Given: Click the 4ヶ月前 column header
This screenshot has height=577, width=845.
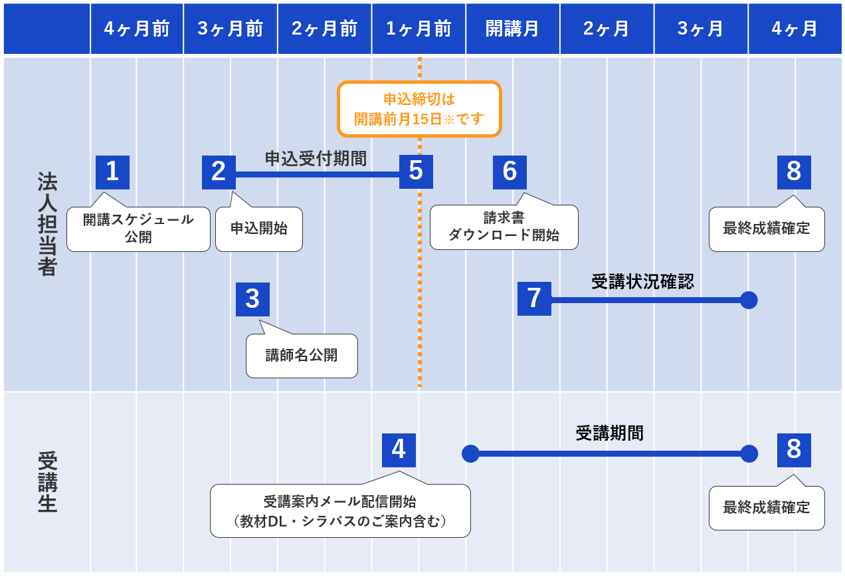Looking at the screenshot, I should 137,29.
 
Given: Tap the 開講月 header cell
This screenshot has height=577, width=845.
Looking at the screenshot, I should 512,29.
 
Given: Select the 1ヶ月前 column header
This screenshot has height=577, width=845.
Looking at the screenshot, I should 419,29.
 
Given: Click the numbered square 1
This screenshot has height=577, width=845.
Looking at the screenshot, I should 112,172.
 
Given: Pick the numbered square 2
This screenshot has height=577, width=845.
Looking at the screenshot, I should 219,172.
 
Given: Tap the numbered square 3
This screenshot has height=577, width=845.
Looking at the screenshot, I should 252,299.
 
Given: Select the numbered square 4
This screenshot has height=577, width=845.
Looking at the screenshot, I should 399,450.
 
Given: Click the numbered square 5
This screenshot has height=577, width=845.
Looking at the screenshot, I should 416,172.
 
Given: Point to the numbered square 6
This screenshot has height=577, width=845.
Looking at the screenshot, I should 510,172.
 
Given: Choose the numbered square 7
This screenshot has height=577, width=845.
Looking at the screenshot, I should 534,298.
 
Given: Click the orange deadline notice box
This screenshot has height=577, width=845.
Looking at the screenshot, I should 419,109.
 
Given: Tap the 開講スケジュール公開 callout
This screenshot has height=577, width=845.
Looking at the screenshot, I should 138,229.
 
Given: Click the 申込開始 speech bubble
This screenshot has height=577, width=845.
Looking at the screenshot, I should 259,229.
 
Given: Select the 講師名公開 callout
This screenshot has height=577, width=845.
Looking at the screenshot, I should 302,356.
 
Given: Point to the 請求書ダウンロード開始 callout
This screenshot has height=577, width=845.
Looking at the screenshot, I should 504,227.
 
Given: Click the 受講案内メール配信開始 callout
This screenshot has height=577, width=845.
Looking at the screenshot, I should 340,511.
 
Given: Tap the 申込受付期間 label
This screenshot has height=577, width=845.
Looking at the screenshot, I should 316,158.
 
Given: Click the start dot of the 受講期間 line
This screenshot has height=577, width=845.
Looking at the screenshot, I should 470,453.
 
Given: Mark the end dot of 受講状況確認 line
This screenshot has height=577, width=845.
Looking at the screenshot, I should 749,300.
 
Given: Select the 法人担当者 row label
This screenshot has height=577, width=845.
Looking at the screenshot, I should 47,224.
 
